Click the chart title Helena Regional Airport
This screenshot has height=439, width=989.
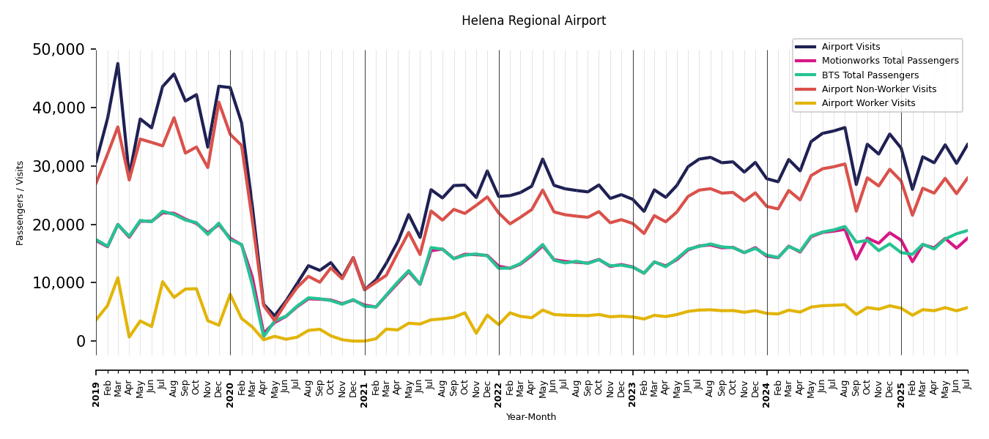533,21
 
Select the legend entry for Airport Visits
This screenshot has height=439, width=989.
851,47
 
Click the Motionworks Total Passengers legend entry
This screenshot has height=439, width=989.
889,61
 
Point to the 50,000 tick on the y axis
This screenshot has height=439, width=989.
59,50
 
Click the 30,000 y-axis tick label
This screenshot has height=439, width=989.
59,166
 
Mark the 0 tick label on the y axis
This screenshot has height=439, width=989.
81,341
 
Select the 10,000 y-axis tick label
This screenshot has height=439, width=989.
59,282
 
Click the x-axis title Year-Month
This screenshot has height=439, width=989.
531,417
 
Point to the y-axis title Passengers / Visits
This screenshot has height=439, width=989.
21,203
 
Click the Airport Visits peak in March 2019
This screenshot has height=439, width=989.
118,64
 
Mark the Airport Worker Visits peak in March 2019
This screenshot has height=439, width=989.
118,278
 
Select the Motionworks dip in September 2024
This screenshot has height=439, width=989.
856,259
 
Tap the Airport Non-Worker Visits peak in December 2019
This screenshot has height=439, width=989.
218,102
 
